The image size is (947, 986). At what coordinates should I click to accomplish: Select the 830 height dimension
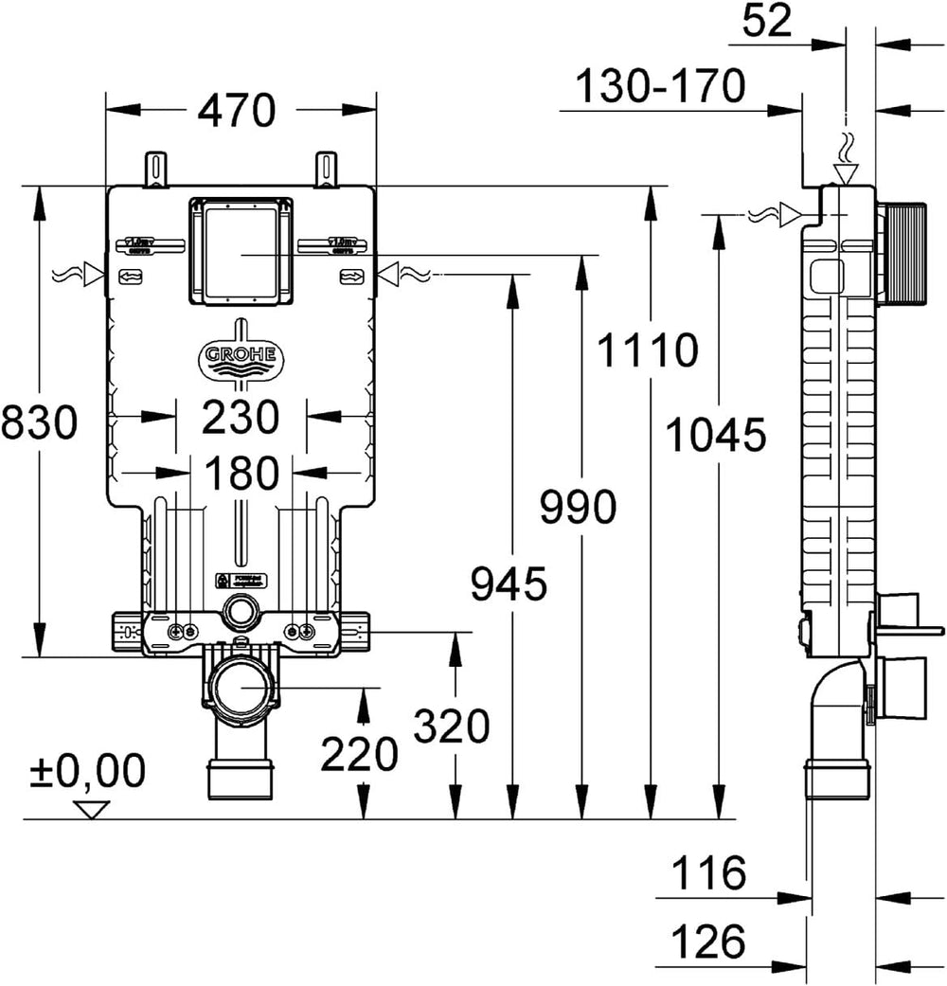pyautogui.click(x=39, y=421)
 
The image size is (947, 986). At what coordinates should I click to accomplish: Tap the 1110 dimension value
pyautogui.click(x=648, y=351)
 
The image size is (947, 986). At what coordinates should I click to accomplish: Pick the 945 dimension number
pyautogui.click(x=510, y=583)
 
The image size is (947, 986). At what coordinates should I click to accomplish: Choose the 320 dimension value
pyautogui.click(x=453, y=727)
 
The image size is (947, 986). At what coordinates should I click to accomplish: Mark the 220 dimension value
pyautogui.click(x=359, y=755)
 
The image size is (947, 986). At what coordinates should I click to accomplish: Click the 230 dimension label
pyautogui.click(x=241, y=417)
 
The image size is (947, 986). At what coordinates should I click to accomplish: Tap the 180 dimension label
pyautogui.click(x=241, y=474)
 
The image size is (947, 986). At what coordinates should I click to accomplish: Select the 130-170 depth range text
pyautogui.click(x=661, y=88)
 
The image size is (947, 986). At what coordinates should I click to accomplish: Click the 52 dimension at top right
pyautogui.click(x=767, y=21)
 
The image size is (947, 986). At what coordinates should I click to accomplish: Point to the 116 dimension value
pyautogui.click(x=709, y=871)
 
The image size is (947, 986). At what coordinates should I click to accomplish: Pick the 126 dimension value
pyautogui.click(x=709, y=942)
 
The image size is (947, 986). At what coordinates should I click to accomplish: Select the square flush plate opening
pyautogui.click(x=241, y=252)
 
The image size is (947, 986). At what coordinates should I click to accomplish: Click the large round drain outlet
pyautogui.click(x=241, y=689)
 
